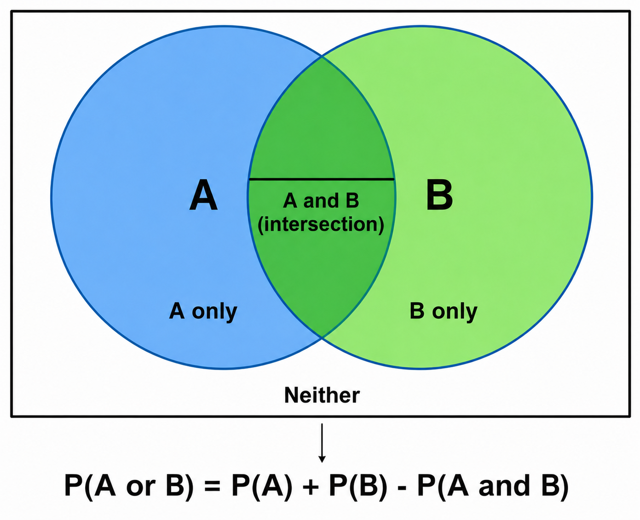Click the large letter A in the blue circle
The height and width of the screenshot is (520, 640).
[x=203, y=195]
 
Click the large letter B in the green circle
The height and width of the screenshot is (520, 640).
[x=439, y=195]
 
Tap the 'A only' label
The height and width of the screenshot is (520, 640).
[x=203, y=312]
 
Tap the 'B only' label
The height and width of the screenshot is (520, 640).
[x=443, y=312]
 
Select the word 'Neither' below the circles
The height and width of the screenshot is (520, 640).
[x=322, y=395]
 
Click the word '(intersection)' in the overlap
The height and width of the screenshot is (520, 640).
[x=321, y=225]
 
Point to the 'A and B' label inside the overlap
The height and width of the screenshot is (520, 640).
[x=321, y=200]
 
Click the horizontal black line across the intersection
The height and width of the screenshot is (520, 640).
[x=322, y=179]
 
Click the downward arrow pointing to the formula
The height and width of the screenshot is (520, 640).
[x=322, y=443]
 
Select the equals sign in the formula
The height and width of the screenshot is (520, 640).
[x=212, y=486]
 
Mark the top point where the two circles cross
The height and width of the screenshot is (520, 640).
[x=322, y=56]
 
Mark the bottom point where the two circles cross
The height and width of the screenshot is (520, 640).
[x=322, y=337]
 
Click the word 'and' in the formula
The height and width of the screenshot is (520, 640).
[x=504, y=486]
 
